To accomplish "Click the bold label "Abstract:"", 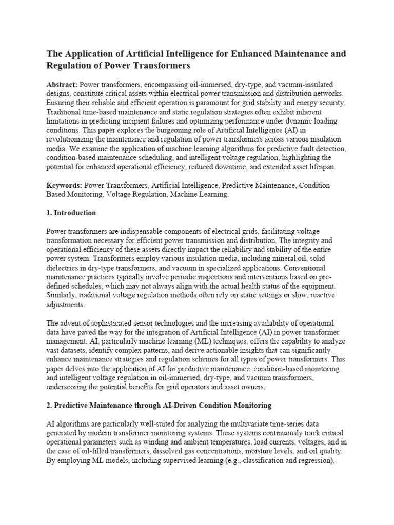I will click(x=63, y=84).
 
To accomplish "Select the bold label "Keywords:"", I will click(x=65, y=185).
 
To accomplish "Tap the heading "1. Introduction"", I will click(x=71, y=213).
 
